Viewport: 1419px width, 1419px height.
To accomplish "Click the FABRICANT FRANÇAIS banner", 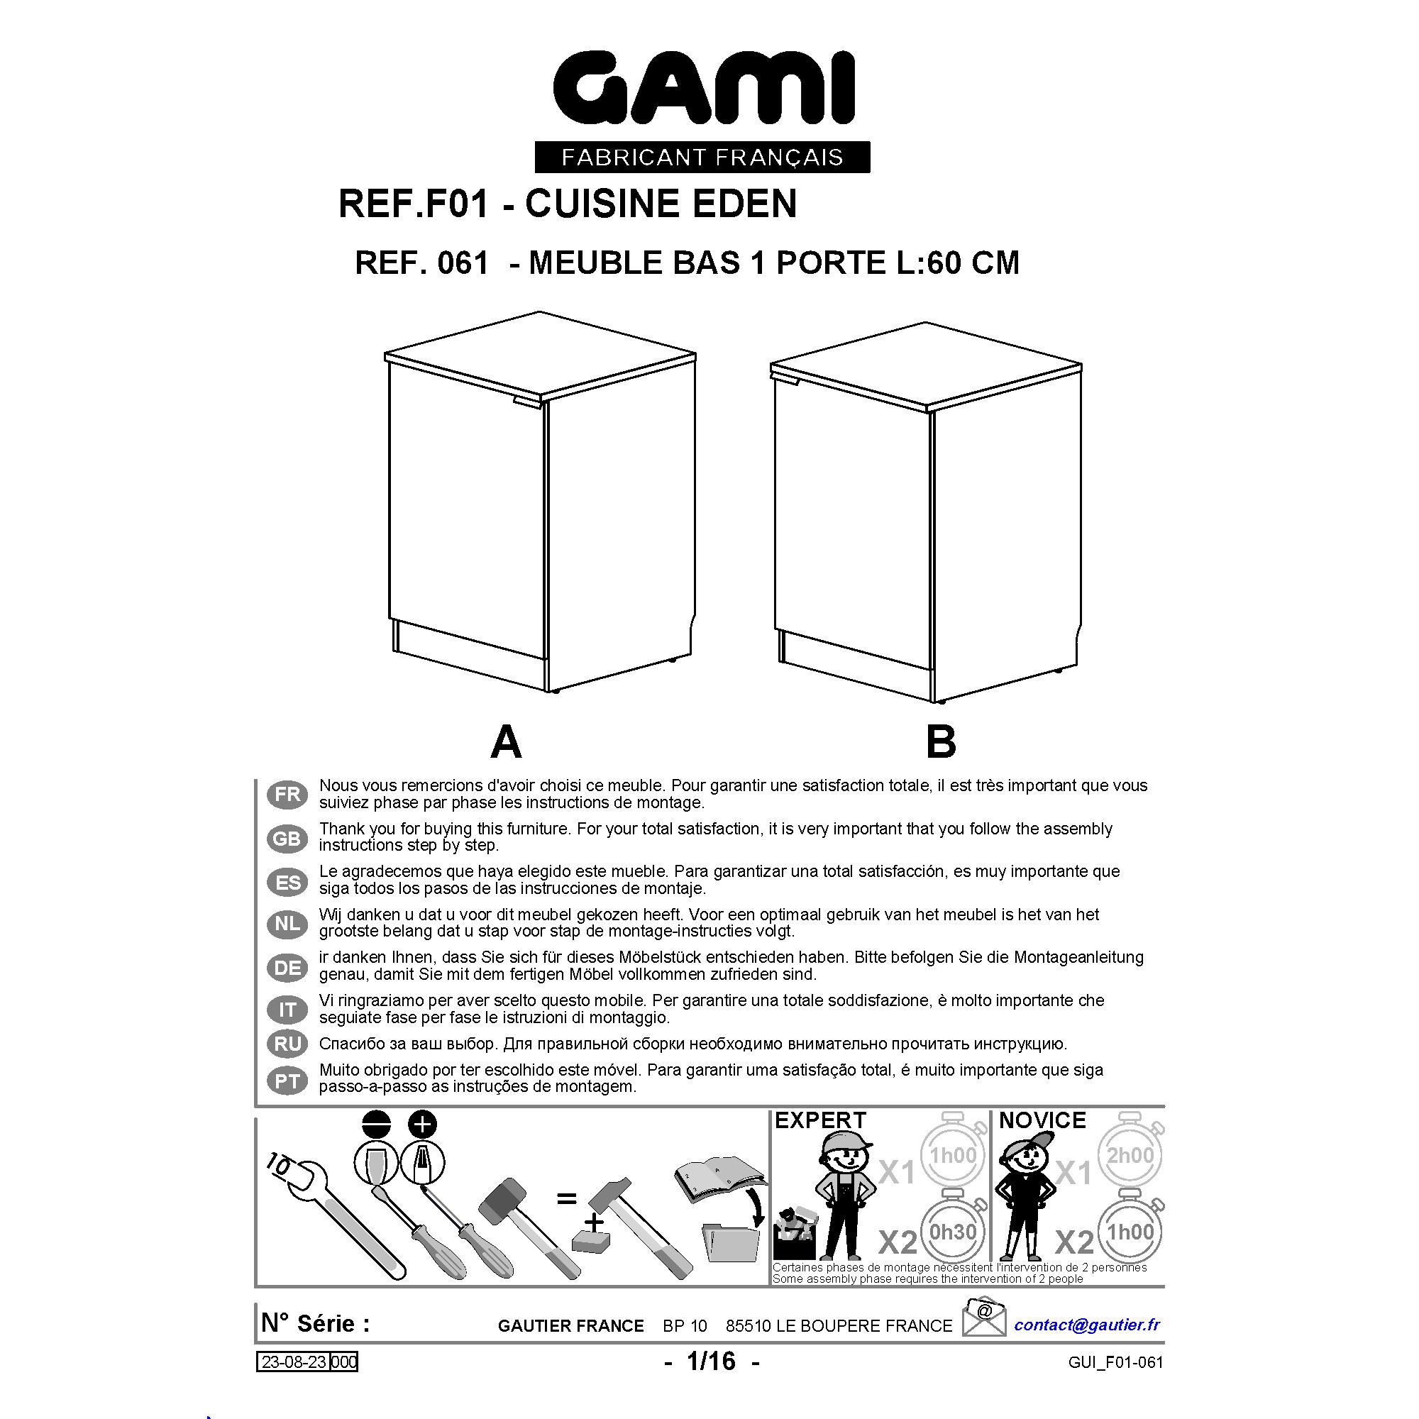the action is (x=702, y=158).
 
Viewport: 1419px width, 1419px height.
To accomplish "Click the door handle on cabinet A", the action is (x=528, y=402).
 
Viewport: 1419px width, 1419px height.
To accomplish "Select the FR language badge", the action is (x=287, y=794).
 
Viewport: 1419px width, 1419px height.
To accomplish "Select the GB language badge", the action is (x=287, y=838).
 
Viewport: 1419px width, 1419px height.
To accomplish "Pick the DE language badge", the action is (x=287, y=967).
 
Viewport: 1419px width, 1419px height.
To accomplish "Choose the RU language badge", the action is (x=287, y=1044).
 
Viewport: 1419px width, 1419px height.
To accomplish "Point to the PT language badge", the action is (x=287, y=1081).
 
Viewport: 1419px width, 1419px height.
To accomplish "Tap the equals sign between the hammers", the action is (x=566, y=1198).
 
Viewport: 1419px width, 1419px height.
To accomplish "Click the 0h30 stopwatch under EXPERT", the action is (x=953, y=1231).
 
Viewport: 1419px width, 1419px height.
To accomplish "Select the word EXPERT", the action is (x=820, y=1120).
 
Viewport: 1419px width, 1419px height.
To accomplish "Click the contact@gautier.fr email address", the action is (x=1086, y=1324).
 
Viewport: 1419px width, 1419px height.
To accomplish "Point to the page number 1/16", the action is (x=710, y=1361).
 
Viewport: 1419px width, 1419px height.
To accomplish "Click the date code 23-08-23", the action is (x=294, y=1362).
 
